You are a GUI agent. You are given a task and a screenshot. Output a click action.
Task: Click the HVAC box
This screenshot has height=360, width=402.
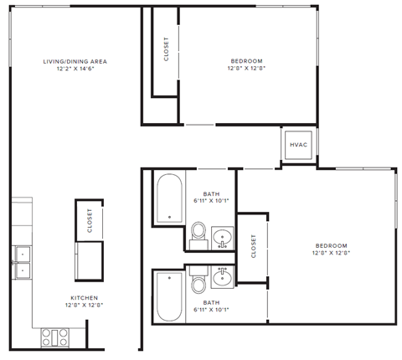[298, 145]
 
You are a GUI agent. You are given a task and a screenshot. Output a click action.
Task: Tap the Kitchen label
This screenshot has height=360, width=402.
[85, 298]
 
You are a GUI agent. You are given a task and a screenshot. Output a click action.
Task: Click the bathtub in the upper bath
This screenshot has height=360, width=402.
[169, 198]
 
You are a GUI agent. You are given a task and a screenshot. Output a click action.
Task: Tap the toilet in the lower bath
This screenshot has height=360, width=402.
[198, 285]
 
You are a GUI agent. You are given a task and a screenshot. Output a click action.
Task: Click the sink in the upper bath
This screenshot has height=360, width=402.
[222, 238]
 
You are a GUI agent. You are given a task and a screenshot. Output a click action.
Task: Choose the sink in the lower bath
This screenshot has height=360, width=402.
[222, 275]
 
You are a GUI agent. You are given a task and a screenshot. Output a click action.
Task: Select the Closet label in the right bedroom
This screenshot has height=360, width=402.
[253, 245]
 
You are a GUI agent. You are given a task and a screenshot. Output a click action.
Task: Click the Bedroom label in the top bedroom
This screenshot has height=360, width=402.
[246, 61]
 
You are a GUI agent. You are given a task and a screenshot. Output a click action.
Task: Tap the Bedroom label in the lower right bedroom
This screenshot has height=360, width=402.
[329, 244]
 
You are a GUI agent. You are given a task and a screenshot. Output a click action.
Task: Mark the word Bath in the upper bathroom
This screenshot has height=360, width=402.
[211, 193]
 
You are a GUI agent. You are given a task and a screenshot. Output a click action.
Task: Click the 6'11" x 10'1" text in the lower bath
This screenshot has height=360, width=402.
[211, 309]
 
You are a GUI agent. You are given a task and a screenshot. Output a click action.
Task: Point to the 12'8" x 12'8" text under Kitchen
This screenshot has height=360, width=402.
[85, 306]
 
